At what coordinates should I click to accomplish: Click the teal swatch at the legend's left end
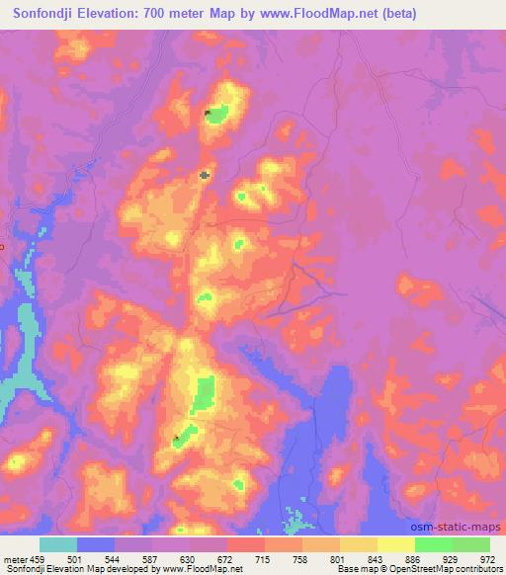point(58,544)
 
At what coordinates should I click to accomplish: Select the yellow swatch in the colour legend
point(396,544)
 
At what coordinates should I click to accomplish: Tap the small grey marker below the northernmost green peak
point(205,175)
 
